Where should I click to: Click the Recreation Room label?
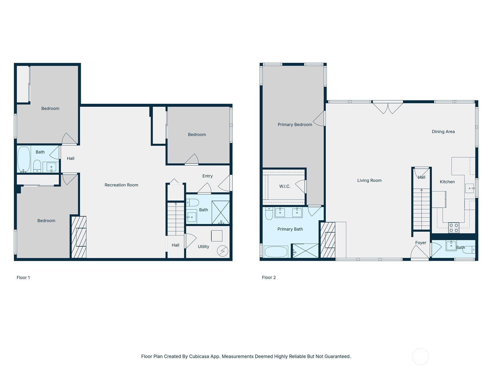[x=121, y=185]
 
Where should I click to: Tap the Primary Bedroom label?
[x=295, y=125]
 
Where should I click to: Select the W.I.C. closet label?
[x=284, y=186]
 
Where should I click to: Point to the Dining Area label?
[x=443, y=132]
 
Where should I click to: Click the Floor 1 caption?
[x=23, y=277]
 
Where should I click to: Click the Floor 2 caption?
[x=268, y=277]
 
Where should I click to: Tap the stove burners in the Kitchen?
[x=454, y=228]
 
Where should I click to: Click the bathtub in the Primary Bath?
[x=276, y=252]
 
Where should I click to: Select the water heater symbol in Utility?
[x=222, y=251]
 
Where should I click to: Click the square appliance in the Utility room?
[x=216, y=236]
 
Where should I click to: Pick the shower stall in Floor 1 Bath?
[x=220, y=212]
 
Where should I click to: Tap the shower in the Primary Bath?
[x=305, y=251]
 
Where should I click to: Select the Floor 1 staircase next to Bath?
[x=176, y=219]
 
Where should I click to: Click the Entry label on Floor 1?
[x=207, y=176]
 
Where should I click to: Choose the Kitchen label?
[x=447, y=182]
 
